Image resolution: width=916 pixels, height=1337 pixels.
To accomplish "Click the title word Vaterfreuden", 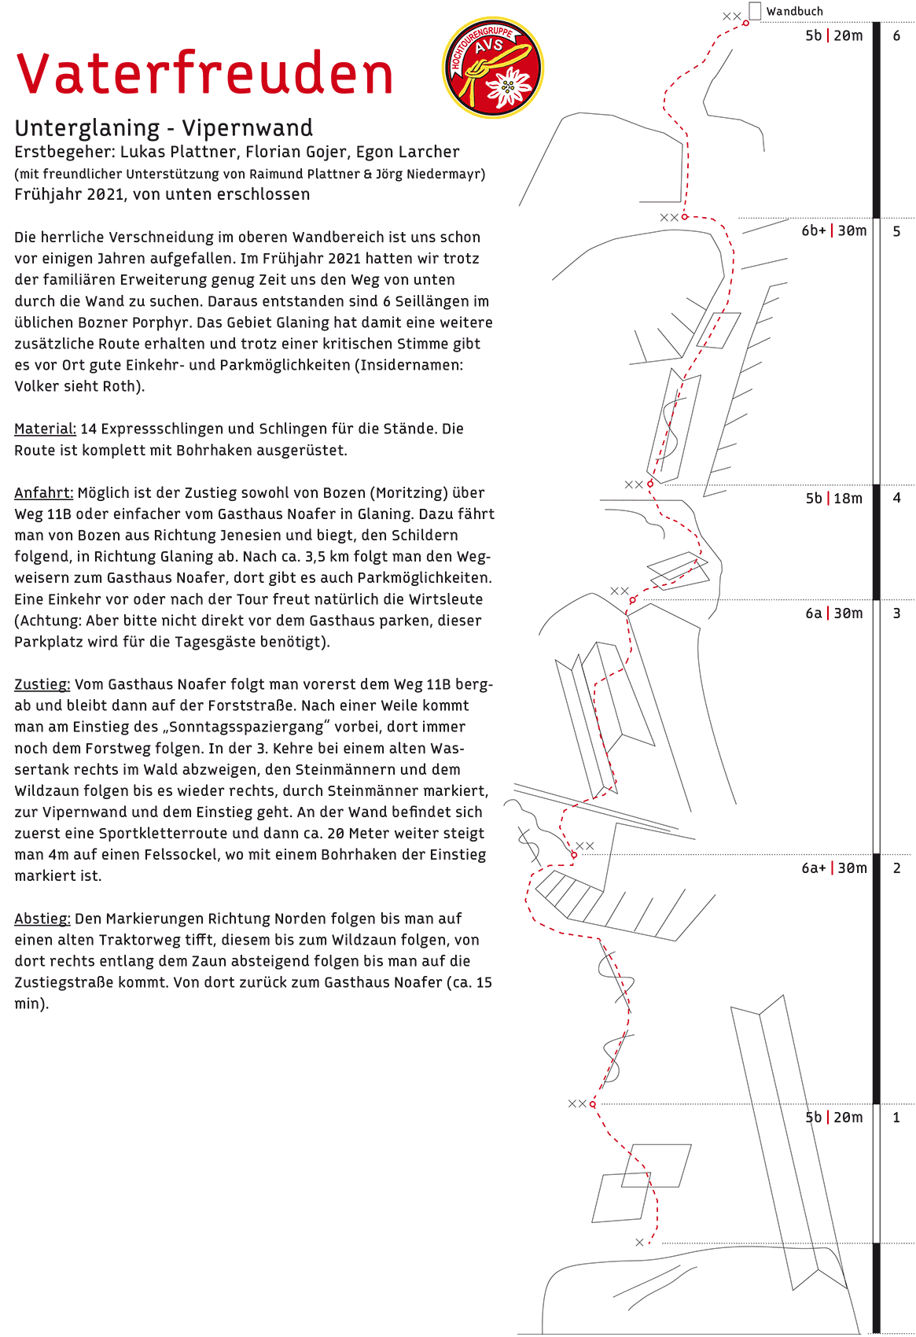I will point(204,73).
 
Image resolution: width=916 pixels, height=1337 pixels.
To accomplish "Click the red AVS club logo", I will point(493,68).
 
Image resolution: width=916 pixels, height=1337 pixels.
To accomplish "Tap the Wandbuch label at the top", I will point(794,11).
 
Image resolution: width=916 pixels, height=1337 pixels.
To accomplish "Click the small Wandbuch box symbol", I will point(755,10).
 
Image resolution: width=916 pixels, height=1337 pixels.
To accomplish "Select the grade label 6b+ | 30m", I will point(833,230).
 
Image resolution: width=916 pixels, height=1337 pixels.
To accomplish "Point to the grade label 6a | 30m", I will point(833,613).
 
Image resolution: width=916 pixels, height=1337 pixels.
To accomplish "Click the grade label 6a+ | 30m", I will point(833,868).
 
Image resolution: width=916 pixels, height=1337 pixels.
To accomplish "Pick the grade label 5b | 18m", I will point(833,499).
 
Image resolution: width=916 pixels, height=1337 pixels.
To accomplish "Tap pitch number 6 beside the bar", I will point(896,35).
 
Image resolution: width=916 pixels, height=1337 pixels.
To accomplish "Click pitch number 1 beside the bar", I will point(896,1118).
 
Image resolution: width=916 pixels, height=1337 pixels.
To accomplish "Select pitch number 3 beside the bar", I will point(896,613).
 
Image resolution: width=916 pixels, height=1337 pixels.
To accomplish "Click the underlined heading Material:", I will point(45,429).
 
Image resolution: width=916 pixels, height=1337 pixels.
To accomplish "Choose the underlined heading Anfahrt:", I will point(43,493).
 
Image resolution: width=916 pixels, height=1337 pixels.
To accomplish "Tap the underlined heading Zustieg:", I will point(42,684).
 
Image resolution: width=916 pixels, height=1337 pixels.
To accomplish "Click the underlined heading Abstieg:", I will point(42,919).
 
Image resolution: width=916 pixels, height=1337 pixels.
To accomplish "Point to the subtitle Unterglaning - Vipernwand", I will point(164,127).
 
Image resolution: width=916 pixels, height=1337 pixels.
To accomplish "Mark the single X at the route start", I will point(639,1243).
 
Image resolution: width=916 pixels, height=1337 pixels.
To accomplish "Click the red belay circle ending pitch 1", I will point(593,1104).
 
